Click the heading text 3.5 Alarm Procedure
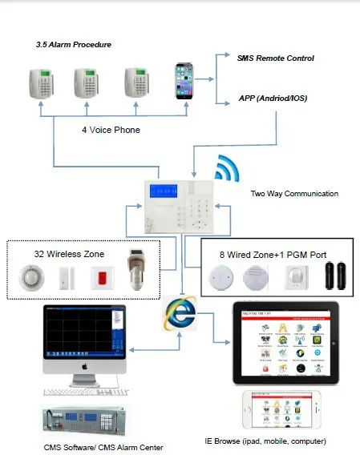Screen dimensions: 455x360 pos(73,45)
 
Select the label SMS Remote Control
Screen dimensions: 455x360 pos(276,58)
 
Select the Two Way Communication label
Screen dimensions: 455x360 pos(294,194)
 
